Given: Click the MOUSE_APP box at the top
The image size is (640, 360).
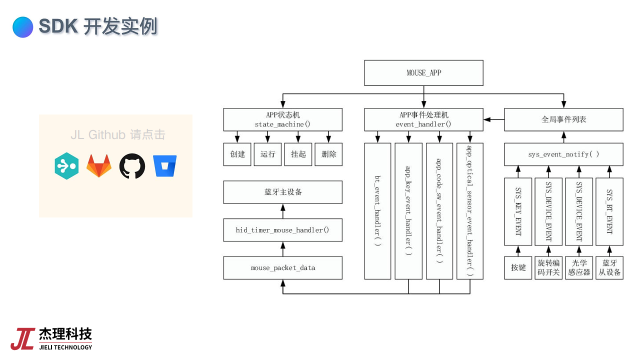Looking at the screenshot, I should coord(423,73).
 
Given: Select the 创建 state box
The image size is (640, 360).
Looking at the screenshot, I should coord(237,154).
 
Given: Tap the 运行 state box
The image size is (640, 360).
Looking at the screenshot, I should coord(268,154).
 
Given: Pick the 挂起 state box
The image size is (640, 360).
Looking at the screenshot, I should coord(298,154).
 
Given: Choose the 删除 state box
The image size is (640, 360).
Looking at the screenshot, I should coord(328,154).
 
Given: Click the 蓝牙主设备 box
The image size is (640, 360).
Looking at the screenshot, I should coord(283,192).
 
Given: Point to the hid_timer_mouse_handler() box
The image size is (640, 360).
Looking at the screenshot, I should coord(283,230).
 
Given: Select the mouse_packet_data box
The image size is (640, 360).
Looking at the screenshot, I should coord(283,268).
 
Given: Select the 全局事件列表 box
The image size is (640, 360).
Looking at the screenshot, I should coord(563,120).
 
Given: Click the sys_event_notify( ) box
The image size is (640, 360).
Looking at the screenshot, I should coord(563,154).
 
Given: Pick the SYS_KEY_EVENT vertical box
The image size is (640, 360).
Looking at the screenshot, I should coord(518,212).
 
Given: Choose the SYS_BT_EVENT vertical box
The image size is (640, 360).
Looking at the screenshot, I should coord(609,212).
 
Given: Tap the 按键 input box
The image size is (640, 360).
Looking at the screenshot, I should coord(518,267).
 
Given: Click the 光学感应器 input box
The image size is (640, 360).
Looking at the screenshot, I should coord(579,267).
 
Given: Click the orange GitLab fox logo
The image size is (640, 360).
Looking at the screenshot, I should coord(99,166).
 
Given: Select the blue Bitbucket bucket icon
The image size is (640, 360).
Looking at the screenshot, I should coord(165,166).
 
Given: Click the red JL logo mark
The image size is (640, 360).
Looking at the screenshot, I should coord(22,338).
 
